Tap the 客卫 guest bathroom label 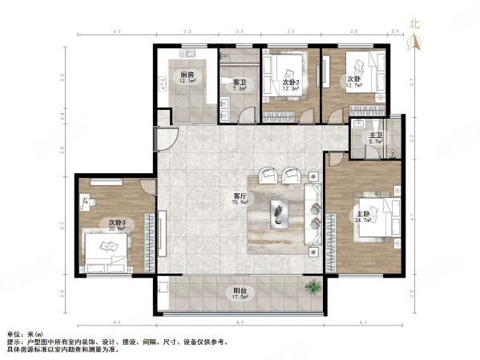pyautogui.click(x=239, y=82)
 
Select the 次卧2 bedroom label pyautogui.click(x=290, y=82)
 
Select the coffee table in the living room pyautogui.click(x=279, y=211)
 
